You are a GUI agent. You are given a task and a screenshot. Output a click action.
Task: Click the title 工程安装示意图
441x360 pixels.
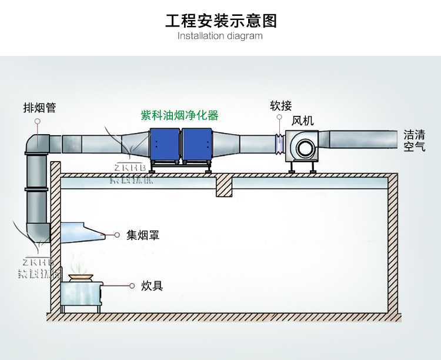pos(220,21)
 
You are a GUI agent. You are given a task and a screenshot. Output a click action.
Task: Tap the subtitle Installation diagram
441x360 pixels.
pos(220,36)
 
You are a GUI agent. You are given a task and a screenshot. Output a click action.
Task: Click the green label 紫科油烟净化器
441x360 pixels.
pos(179,115)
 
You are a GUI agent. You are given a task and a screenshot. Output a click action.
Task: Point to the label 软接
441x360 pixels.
pos(280,106)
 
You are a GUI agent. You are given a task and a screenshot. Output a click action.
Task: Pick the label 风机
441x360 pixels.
pos(303,121)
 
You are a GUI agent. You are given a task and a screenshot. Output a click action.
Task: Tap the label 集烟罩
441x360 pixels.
pos(143,235)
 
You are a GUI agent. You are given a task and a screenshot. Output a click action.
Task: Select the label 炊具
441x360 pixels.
pos(152,286)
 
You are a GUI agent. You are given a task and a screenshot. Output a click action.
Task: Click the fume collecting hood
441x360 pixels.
pos(83,232)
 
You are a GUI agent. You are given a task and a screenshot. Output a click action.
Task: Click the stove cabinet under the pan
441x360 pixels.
pos(81,294)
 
